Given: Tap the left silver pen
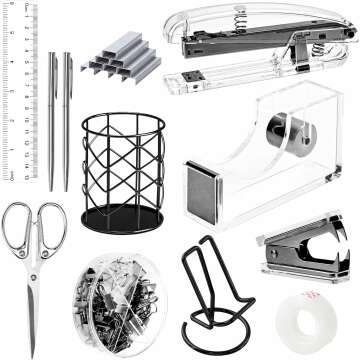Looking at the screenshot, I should (x=51, y=120).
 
